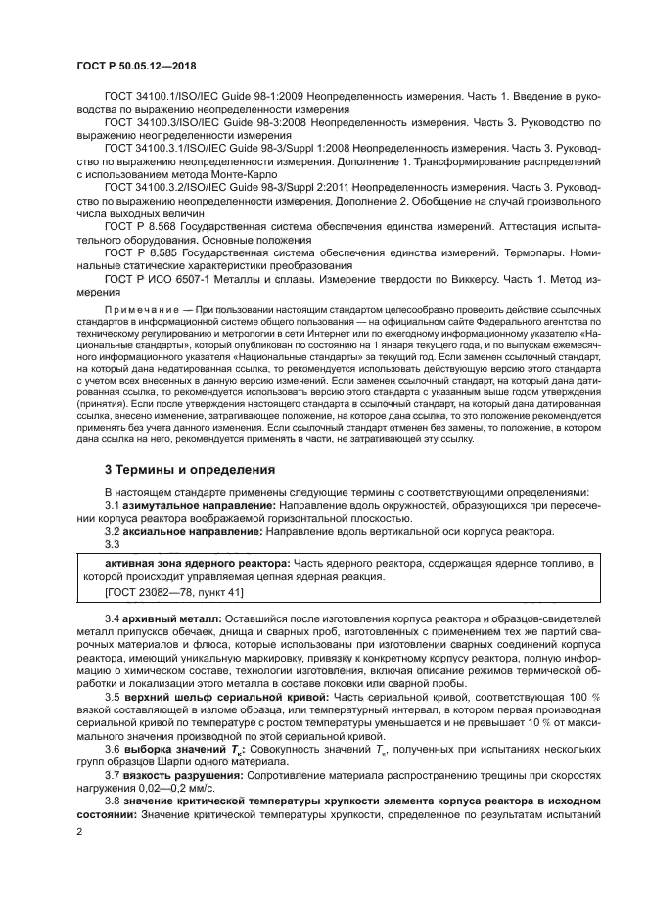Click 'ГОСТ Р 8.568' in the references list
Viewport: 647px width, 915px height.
(x=142, y=238)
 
